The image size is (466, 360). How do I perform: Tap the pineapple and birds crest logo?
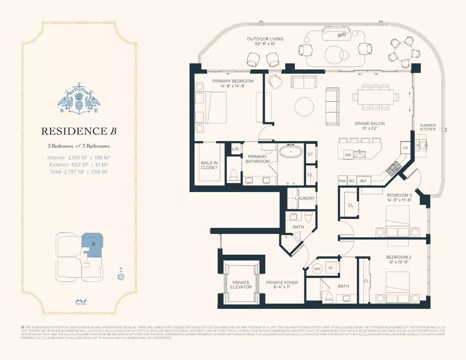coord(78,101)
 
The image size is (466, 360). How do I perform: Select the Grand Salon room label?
coord(369,126)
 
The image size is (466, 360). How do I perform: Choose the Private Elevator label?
coord(241,285)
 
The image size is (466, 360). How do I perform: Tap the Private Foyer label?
coord(281,285)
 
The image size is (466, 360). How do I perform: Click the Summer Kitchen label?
coord(427,127)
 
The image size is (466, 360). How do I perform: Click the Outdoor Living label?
coord(265,42)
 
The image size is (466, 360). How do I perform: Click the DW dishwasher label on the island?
coord(347,155)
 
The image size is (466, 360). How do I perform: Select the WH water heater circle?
coord(317,269)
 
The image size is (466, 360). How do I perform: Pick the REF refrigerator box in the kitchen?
coord(363,180)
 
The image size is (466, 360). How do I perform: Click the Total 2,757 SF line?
coord(78,172)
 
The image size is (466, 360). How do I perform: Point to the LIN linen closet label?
coord(235,148)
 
